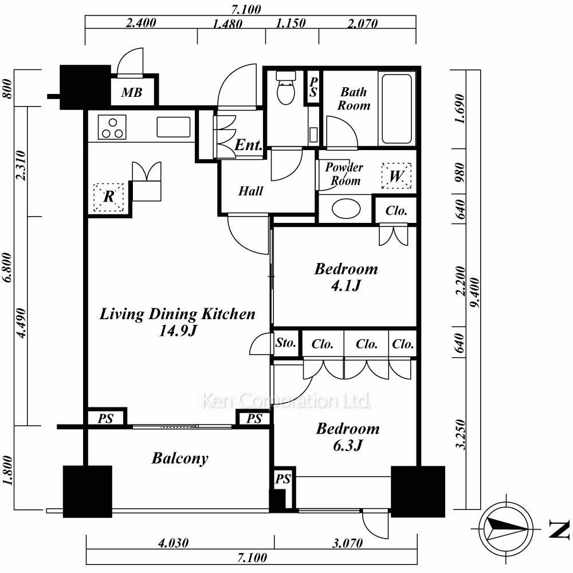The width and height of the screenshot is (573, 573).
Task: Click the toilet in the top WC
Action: tap(286, 88)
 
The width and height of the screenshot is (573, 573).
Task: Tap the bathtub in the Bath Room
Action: tap(397, 109)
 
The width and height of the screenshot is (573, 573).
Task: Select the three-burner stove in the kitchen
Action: tap(112, 127)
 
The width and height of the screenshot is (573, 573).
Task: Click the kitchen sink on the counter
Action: tap(174, 127)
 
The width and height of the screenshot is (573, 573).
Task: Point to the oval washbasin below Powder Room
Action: tap(346, 209)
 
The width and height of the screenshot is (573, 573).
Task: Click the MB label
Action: tap(132, 92)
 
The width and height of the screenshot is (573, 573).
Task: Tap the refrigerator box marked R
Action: tap(109, 197)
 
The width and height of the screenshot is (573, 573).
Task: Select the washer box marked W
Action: tap(397, 176)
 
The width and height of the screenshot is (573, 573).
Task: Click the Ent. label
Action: tap(249, 145)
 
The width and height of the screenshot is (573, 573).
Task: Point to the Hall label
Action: tap(251, 191)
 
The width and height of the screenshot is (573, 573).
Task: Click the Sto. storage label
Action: tap(286, 343)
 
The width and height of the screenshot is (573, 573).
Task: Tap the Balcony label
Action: tap(180, 458)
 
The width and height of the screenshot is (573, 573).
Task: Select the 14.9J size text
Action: tap(178, 331)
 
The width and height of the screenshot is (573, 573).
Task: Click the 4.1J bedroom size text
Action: tap(346, 285)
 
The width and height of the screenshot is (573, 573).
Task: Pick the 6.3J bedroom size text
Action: tap(348, 445)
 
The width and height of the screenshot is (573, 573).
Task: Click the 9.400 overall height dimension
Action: tap(474, 293)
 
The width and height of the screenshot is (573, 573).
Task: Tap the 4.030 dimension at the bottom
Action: tap(173, 543)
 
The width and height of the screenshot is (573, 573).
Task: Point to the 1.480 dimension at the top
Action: tap(227, 24)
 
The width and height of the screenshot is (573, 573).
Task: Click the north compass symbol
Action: tap(506, 528)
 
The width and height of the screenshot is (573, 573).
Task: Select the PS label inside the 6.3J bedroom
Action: tap(283, 478)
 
